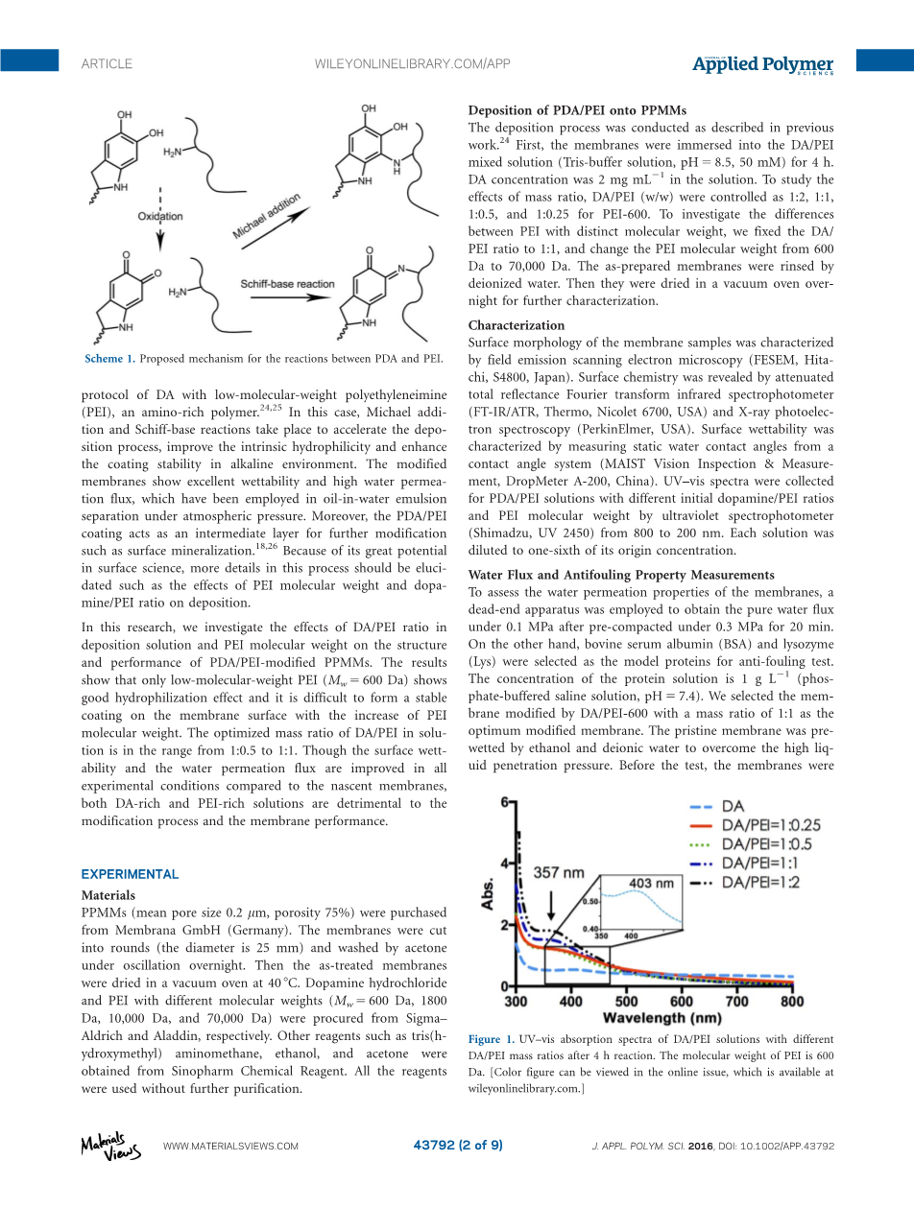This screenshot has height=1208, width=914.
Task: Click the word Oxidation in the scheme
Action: [x=160, y=217]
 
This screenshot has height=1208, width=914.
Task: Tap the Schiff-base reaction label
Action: [x=287, y=285]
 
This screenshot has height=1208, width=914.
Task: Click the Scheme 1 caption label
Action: [x=108, y=359]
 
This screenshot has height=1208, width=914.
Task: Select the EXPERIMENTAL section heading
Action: [x=130, y=874]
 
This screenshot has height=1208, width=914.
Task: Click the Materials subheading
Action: [x=108, y=894]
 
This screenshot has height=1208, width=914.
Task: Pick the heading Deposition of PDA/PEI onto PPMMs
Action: [x=577, y=110]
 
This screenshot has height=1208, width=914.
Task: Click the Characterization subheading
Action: [x=516, y=325]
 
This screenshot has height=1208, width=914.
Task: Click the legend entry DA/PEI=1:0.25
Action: [x=770, y=825]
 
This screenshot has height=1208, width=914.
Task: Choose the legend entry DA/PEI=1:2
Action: [x=760, y=883]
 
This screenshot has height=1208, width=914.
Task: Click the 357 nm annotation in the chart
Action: [x=559, y=873]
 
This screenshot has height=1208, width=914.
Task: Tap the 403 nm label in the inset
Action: [x=652, y=883]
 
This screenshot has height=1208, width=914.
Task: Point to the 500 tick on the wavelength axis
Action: [x=626, y=1002]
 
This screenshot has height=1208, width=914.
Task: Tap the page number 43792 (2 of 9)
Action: [x=457, y=1145]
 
